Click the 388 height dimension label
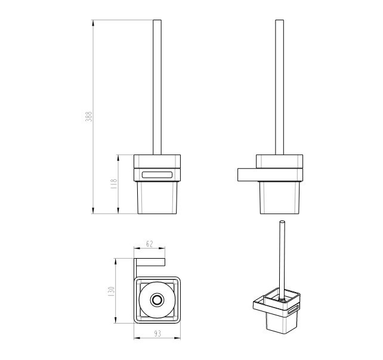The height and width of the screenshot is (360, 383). pyautogui.click(x=90, y=116)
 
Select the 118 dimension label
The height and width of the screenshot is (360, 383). pyautogui.click(x=114, y=184)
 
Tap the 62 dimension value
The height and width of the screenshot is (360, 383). pyautogui.click(x=150, y=244)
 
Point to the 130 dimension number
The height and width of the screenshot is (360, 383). pyautogui.click(x=111, y=291)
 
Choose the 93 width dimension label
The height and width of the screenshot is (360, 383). pyautogui.click(x=157, y=333)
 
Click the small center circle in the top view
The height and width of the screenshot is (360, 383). pyautogui.click(x=157, y=300)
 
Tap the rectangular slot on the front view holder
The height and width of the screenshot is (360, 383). pyautogui.click(x=157, y=175)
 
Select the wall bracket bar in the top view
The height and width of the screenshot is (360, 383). pyautogui.click(x=150, y=262)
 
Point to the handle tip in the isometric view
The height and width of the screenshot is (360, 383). pyautogui.click(x=282, y=222)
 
